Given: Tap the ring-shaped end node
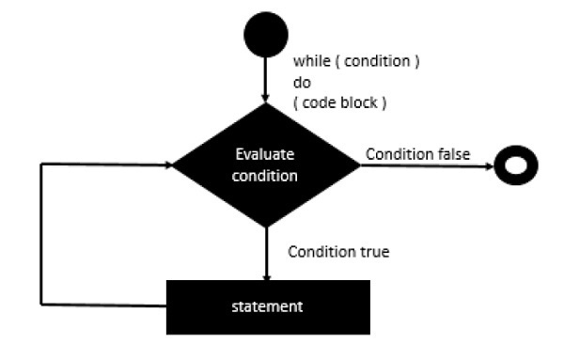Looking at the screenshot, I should pyautogui.click(x=515, y=165).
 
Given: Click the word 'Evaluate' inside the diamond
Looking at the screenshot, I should pyautogui.click(x=266, y=155).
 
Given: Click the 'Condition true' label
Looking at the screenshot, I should pyautogui.click(x=338, y=252).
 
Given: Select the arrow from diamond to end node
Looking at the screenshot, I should pyautogui.click(x=423, y=165).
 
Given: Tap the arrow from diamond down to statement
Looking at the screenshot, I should pyautogui.click(x=266, y=254).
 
